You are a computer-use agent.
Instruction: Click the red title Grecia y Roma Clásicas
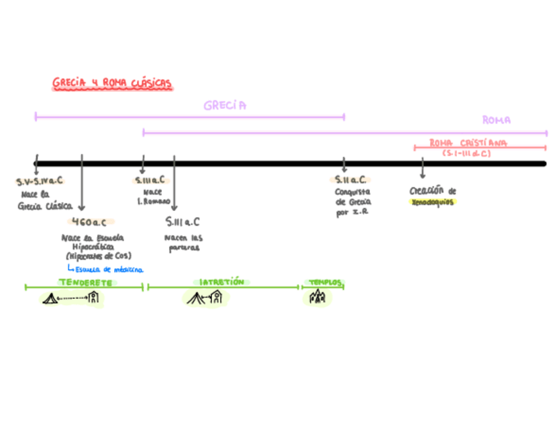tap(112, 83)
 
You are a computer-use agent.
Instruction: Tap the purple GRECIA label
tap(225, 106)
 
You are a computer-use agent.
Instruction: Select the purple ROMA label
tap(496, 121)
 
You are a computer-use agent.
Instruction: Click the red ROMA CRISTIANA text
tap(468, 143)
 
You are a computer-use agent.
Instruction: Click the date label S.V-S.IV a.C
tap(40, 181)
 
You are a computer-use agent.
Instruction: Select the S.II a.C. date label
tap(351, 180)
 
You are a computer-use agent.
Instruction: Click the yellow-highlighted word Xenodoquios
tap(432, 203)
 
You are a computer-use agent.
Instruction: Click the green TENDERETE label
tap(85, 283)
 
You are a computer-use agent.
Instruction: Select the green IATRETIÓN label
tap(222, 282)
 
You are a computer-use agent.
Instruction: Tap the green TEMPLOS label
tap(325, 283)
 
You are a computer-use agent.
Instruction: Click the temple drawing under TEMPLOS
tap(317, 298)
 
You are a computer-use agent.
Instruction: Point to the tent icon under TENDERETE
tap(50, 299)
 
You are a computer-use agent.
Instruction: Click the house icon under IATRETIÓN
tap(216, 298)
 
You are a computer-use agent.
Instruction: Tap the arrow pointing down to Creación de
tap(422, 170)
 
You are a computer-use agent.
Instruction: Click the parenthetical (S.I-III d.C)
tap(466, 153)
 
